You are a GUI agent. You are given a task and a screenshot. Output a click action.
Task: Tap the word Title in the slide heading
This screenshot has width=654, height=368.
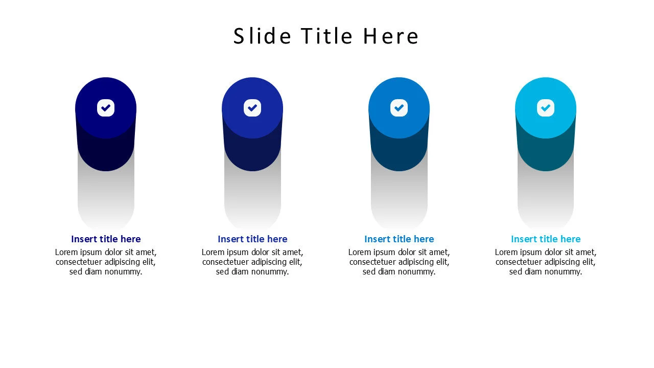pyautogui.click(x=327, y=36)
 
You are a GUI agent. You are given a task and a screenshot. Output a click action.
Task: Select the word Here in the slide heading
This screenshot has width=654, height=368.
pyautogui.click(x=391, y=36)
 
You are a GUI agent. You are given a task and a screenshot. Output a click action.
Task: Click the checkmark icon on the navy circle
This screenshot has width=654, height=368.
pyautogui.click(x=106, y=108)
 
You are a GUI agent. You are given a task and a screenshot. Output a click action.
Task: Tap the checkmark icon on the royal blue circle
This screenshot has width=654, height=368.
pyautogui.click(x=252, y=108)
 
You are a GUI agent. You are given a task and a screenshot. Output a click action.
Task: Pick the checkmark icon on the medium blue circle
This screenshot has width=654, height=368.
pyautogui.click(x=399, y=108)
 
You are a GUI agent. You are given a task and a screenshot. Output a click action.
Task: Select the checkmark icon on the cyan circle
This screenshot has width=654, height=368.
pyautogui.click(x=546, y=108)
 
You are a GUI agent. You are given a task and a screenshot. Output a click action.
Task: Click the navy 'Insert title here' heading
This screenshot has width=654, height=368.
pyautogui.click(x=106, y=239)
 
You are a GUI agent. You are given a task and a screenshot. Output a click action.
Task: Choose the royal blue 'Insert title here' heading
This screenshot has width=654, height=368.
pyautogui.click(x=252, y=239)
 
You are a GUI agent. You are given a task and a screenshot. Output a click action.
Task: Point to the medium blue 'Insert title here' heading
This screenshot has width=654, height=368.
pyautogui.click(x=399, y=239)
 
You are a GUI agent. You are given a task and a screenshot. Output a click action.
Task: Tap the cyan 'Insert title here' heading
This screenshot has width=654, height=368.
pyautogui.click(x=546, y=239)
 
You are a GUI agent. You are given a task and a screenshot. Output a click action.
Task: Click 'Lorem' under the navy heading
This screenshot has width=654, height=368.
pyautogui.click(x=66, y=252)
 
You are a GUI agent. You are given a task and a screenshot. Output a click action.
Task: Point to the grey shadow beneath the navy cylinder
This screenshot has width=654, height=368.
pyautogui.click(x=106, y=199)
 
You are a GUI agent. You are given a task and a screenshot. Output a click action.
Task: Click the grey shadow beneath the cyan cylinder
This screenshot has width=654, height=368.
pyautogui.click(x=546, y=199)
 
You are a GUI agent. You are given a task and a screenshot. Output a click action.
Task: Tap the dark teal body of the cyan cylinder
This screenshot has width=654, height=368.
pyautogui.click(x=546, y=153)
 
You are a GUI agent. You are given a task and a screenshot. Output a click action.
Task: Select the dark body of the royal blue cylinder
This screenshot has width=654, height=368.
pyautogui.click(x=252, y=153)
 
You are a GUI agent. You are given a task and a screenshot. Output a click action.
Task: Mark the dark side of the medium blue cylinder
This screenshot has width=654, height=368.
pyautogui.click(x=399, y=153)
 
